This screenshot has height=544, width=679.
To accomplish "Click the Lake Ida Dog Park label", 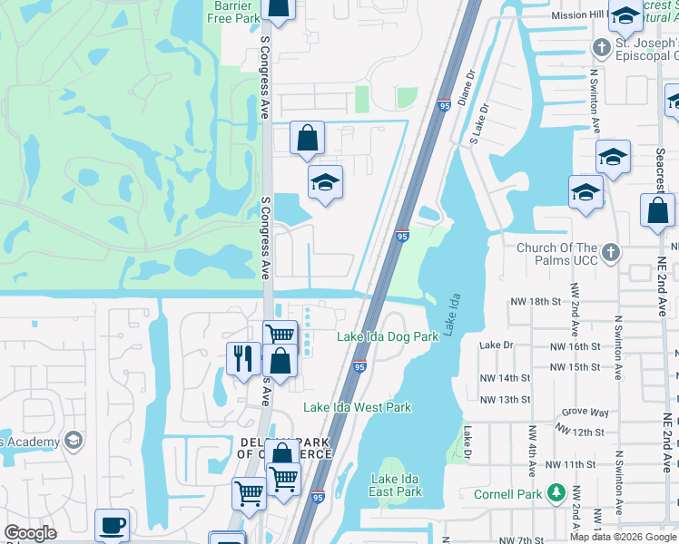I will point(388,336).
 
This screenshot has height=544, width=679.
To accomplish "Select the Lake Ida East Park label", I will point(397,484).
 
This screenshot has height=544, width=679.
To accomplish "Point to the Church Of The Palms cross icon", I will point(612,252).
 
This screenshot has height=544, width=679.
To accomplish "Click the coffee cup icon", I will point(112,525).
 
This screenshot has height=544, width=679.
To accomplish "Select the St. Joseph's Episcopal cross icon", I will point(600,46).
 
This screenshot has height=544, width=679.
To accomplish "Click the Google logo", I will point(30,533).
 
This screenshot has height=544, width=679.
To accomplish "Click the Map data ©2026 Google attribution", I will point(624,537).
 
